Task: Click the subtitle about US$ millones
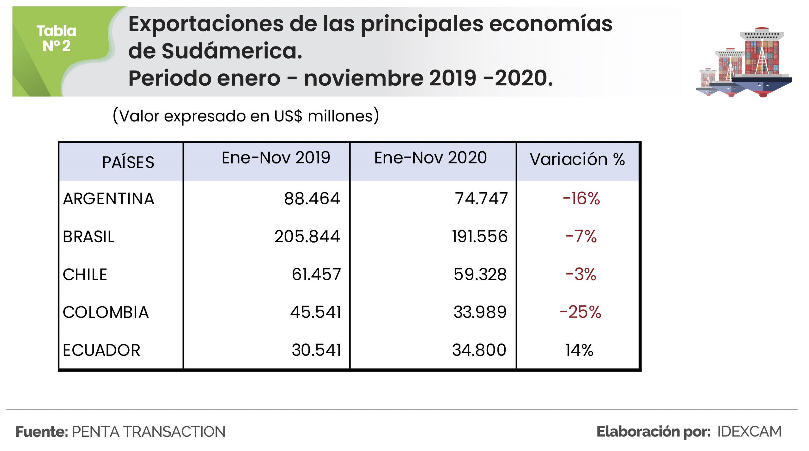coord(246,116)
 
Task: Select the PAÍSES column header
coord(128,162)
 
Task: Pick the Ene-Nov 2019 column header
coord(276,158)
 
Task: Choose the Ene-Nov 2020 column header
coord(430,158)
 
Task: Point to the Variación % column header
coord(577,159)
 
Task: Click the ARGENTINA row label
coord(109,199)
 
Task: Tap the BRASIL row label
coord(88,237)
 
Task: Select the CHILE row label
coord(85,275)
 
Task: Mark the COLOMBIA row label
coord(106,312)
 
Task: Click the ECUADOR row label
coord(101,350)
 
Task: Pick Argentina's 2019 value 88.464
coord(312,199)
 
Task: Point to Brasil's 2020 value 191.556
coord(480,237)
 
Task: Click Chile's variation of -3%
coord(581,275)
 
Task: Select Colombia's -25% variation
coord(580,312)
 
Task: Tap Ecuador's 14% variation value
coord(579,350)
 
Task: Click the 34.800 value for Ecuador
coord(479,350)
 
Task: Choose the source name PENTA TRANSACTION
coord(149,432)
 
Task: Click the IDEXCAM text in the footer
coord(749,432)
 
